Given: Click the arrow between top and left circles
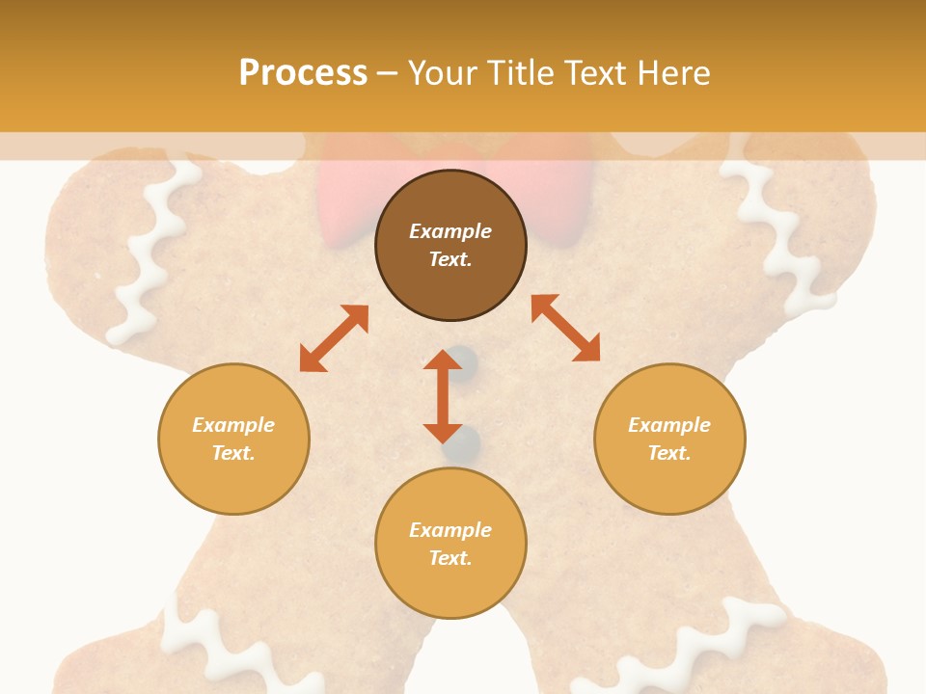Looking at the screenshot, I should tap(334, 338).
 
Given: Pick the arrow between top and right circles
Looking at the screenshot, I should tap(565, 328).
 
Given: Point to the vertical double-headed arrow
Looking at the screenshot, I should tap(443, 396).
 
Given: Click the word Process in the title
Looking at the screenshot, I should tap(303, 72).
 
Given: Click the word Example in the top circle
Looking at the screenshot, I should tap(450, 231).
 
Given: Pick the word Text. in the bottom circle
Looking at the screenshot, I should tap(450, 558).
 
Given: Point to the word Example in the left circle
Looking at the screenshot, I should tap(233, 425).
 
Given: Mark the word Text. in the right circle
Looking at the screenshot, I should tap(669, 453).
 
